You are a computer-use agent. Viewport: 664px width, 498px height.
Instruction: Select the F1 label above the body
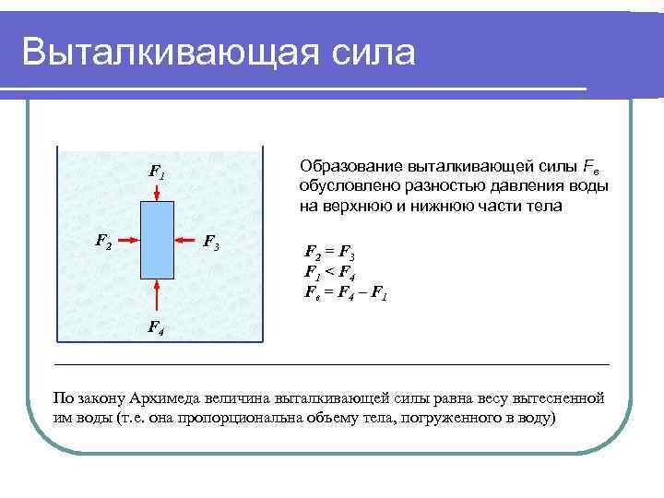click(158, 171)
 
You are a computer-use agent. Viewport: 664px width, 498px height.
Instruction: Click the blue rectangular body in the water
click(158, 241)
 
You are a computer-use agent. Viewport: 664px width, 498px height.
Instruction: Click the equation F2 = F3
click(330, 251)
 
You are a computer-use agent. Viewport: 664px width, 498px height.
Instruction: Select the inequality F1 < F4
click(330, 271)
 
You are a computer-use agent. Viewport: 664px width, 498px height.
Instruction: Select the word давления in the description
click(522, 186)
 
